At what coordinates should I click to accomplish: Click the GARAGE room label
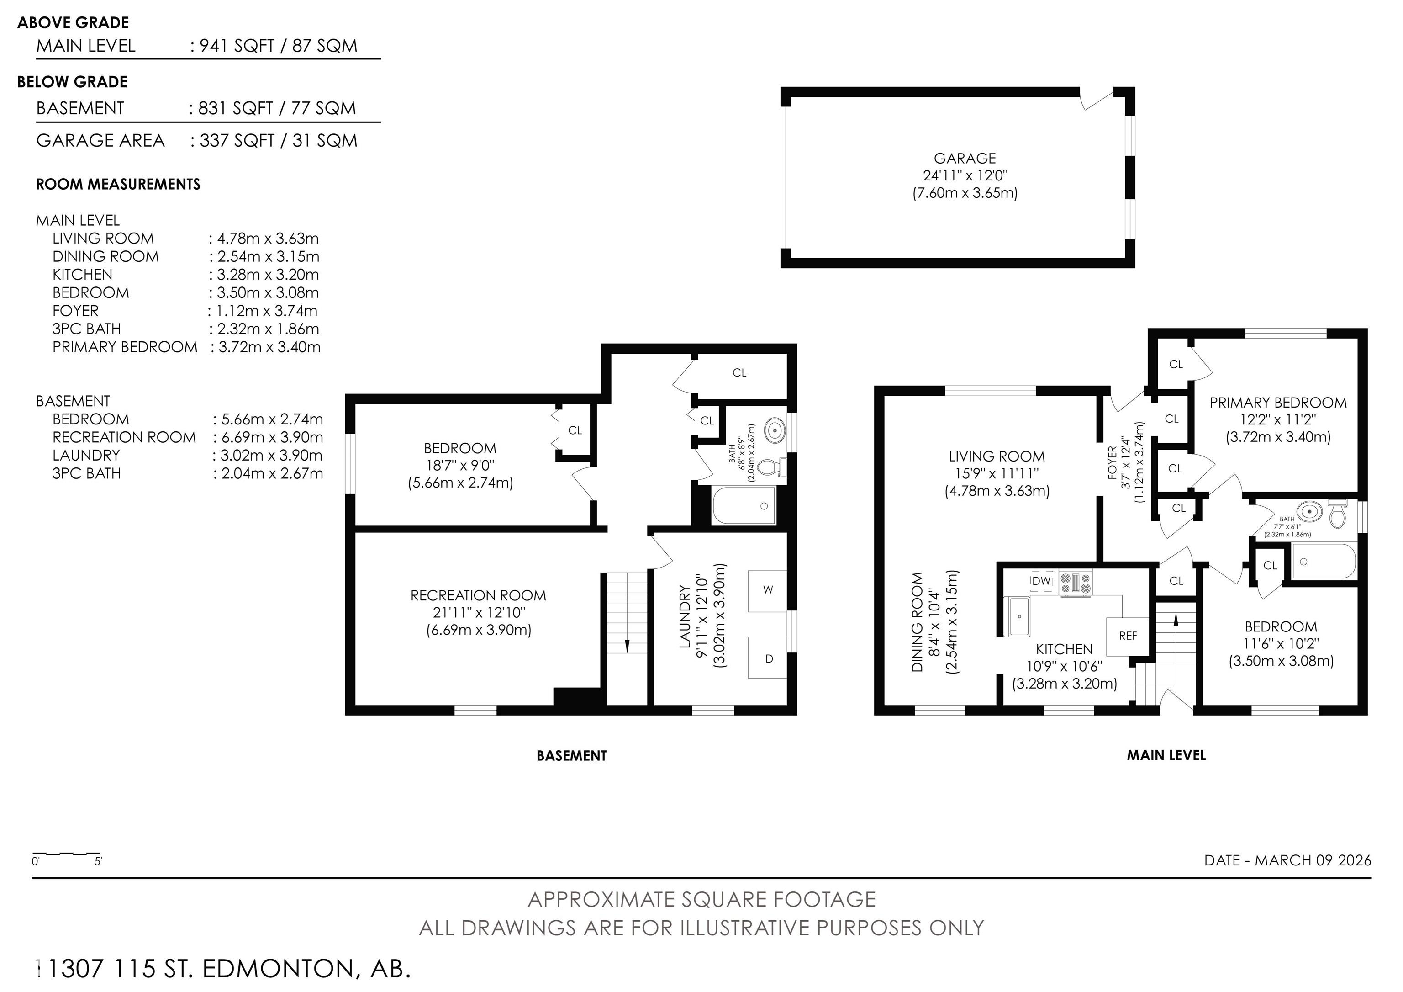click(x=965, y=158)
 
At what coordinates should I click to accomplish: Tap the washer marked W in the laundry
click(x=768, y=590)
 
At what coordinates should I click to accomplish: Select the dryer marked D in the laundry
click(x=768, y=658)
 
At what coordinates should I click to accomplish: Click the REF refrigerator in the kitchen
click(x=1128, y=636)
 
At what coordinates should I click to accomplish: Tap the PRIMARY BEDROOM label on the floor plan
click(x=1278, y=403)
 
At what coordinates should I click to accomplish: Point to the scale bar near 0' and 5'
click(x=66, y=853)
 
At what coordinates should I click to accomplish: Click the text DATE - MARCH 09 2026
click(x=1287, y=860)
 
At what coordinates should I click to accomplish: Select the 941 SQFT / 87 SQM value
click(x=278, y=46)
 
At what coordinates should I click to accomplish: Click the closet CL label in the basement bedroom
click(x=575, y=430)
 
